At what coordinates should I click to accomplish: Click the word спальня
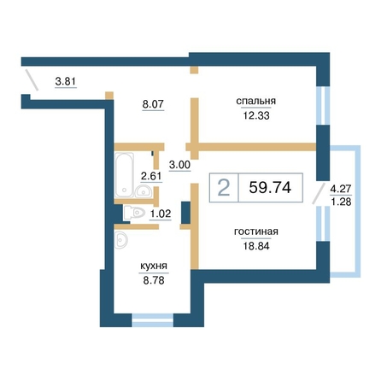click(x=256, y=101)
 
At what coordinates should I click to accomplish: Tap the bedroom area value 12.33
click(x=256, y=115)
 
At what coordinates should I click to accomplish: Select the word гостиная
click(x=256, y=232)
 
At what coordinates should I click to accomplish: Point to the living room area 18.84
click(x=256, y=246)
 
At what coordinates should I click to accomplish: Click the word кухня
click(x=154, y=267)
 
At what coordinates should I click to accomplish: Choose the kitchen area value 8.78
click(x=154, y=281)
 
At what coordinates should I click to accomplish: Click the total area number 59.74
click(x=270, y=187)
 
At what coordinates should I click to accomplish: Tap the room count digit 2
click(x=224, y=188)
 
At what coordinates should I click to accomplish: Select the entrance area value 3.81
click(x=66, y=82)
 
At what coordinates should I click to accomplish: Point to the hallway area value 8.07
click(x=153, y=104)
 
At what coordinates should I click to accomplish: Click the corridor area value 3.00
click(x=179, y=165)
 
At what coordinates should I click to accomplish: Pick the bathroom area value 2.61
click(x=151, y=176)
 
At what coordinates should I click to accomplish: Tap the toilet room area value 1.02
click(x=161, y=214)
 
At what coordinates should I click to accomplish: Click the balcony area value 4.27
click(x=341, y=189)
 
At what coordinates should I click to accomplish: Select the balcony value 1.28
click(x=341, y=202)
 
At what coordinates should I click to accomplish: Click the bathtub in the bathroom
click(x=124, y=175)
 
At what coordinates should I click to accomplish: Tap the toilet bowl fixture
click(x=135, y=213)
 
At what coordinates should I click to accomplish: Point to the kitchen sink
click(x=120, y=240)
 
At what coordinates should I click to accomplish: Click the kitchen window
click(x=153, y=319)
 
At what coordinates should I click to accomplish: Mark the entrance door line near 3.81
click(x=32, y=79)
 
